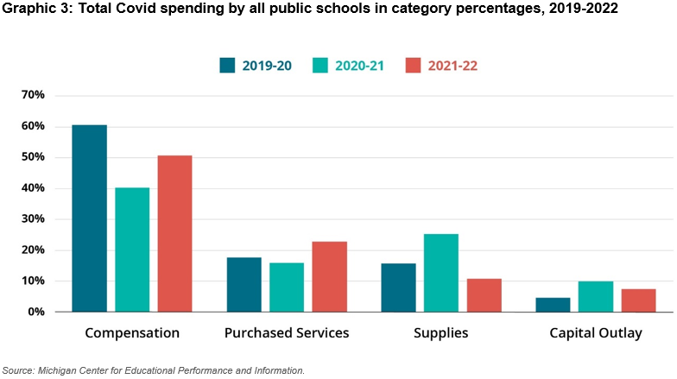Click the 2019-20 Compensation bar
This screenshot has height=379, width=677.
pos(89,218)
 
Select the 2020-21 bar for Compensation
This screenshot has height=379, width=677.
pos(132,250)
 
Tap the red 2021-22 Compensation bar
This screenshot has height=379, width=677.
pos(174,233)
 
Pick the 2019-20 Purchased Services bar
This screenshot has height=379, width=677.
pos(244,284)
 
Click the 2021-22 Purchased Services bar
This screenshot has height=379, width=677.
pos(329,276)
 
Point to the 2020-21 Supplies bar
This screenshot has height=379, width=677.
pos(440,273)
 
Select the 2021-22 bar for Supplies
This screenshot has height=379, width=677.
pos(484,295)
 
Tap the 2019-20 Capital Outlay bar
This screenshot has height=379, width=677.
pos(553,305)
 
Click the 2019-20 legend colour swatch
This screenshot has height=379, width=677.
pos(228,65)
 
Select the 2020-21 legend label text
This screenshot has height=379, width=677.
pos(360,65)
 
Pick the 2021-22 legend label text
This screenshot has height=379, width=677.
pos(452,65)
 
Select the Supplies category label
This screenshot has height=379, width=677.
pos(440,333)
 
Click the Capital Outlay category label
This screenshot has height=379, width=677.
pos(596,333)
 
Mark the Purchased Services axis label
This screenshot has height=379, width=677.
pos(286,333)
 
